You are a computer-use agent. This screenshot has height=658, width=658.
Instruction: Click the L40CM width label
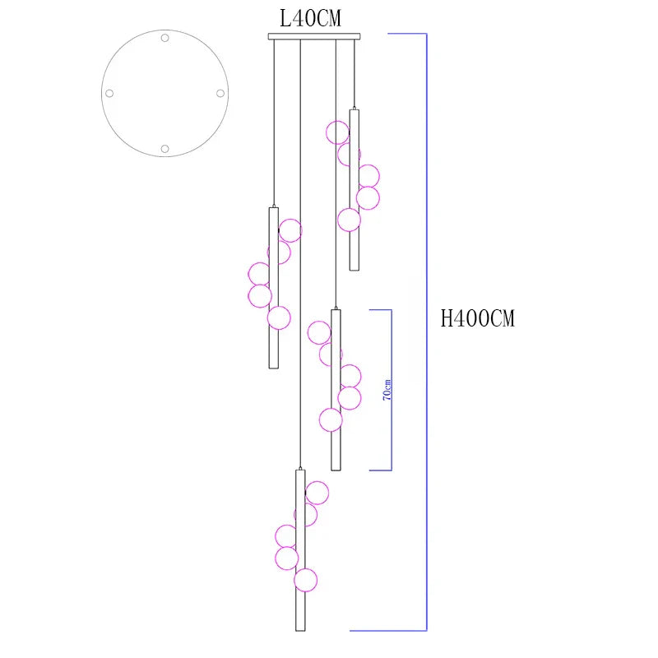[311, 18]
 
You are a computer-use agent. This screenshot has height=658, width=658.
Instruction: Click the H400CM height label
[477, 318]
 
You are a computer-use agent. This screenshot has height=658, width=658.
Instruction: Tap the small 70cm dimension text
[387, 390]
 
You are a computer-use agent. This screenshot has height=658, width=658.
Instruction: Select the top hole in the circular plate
[165, 38]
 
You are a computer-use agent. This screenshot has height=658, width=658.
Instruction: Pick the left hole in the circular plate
[109, 93]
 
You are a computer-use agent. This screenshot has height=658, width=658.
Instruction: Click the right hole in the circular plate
[220, 93]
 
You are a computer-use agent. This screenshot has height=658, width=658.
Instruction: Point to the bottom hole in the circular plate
[165, 149]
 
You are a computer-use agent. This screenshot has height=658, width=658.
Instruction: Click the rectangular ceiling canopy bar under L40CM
[314, 36]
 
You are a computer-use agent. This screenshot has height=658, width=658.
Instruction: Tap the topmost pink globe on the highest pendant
[338, 132]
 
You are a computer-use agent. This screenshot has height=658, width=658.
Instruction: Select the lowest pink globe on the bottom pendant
[305, 581]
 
